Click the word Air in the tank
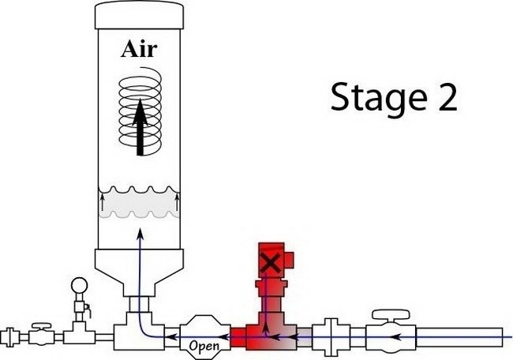click(x=139, y=50)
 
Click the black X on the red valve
click(x=270, y=263)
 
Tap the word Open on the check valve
click(x=204, y=344)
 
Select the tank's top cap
click(x=139, y=13)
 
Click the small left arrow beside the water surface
click(x=103, y=203)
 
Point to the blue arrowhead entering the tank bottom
click(x=140, y=234)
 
